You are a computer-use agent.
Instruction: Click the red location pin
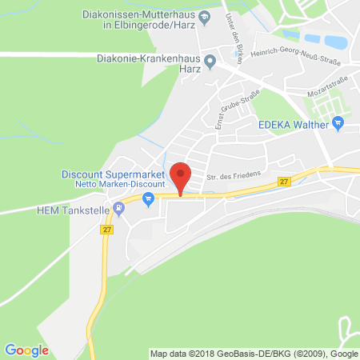click(x=182, y=175)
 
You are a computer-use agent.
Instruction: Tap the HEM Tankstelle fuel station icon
click(x=119, y=210)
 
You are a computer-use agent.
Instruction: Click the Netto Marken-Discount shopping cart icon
click(x=148, y=202)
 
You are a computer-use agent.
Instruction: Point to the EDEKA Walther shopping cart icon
click(x=338, y=123)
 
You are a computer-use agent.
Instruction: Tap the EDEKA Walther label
click(x=293, y=124)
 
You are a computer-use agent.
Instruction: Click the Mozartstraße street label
click(x=331, y=93)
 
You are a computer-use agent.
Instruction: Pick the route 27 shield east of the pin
click(x=284, y=182)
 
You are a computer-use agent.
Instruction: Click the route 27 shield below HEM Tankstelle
click(x=107, y=230)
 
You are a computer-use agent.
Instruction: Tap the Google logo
click(x=26, y=350)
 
